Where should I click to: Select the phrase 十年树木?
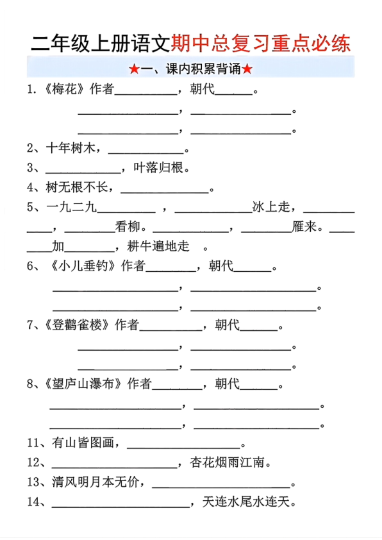pos(71,149)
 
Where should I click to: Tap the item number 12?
pos(34,462)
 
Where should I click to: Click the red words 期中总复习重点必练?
pos(262,44)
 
